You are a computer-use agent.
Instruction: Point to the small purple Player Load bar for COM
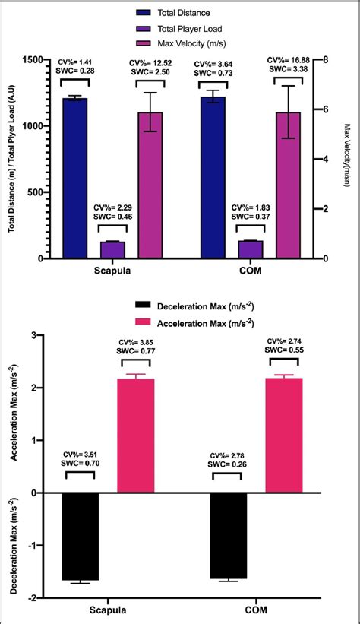(250, 250)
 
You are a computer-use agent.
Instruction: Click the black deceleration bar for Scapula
(81, 536)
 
